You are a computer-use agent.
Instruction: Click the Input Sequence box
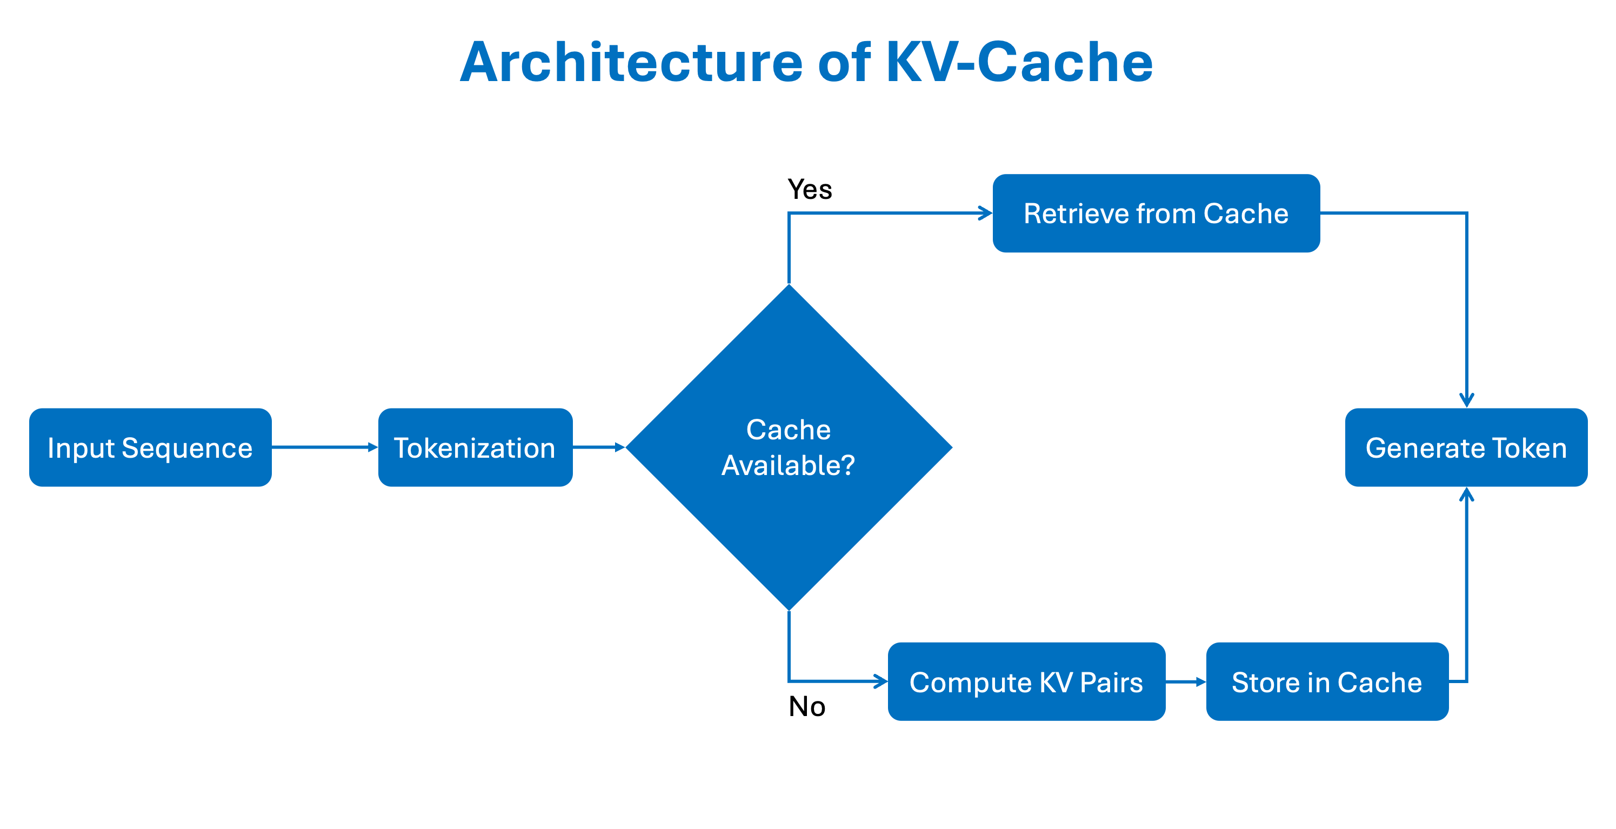[150, 447]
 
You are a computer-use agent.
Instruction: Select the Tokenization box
[475, 447]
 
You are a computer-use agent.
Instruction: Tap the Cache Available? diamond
[789, 447]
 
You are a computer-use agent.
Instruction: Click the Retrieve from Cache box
[1156, 213]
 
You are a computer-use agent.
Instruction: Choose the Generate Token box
[1465, 447]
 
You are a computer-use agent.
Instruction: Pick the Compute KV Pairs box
[1026, 681]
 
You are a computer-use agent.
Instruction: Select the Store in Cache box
[1326, 681]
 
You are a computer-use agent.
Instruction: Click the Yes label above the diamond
[809, 189]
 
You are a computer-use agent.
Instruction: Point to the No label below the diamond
[807, 707]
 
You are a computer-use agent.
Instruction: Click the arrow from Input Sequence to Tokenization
[324, 447]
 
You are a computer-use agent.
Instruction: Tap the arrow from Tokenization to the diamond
[598, 447]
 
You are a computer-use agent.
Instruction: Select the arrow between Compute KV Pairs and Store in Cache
[1185, 681]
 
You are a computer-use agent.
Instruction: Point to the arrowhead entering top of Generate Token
[1466, 400]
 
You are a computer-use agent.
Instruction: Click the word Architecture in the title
[631, 62]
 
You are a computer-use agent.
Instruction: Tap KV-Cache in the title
[1019, 62]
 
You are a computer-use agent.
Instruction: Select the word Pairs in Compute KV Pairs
[1111, 682]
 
